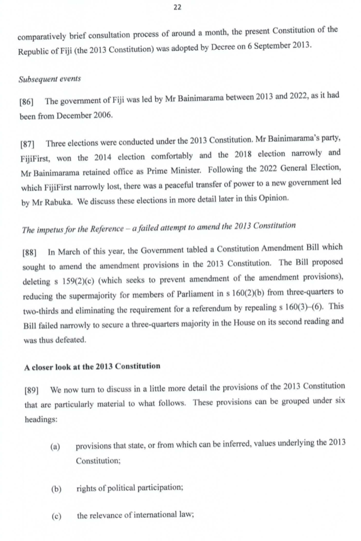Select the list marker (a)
tap(55, 447)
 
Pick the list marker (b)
tap(56, 489)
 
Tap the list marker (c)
tap(56, 517)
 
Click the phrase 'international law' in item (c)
tap(159, 517)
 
